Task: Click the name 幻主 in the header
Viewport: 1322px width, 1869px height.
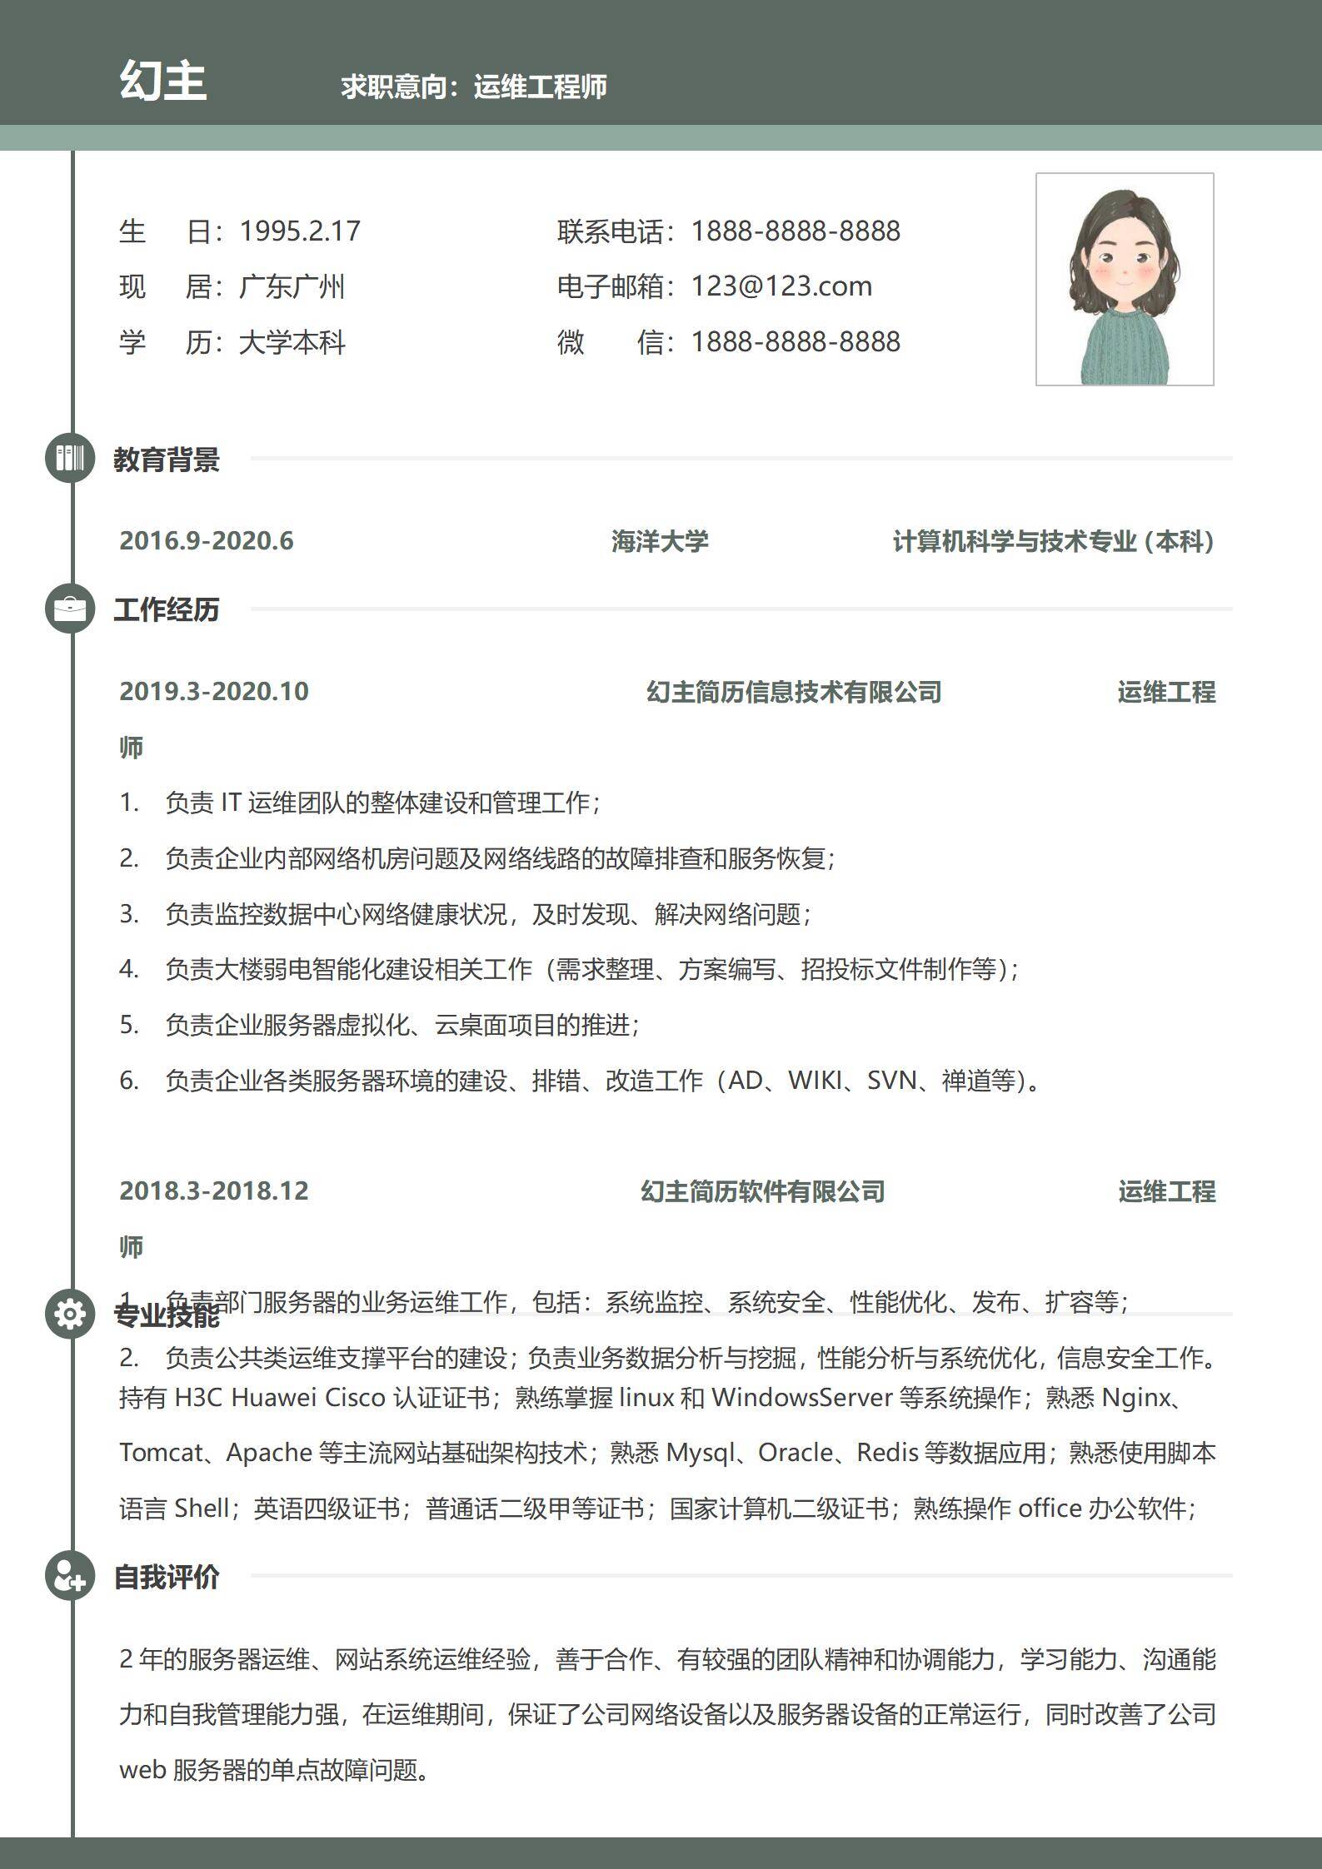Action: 163,81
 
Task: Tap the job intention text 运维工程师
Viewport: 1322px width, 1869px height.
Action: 540,87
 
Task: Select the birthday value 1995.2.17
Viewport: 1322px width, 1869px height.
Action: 300,231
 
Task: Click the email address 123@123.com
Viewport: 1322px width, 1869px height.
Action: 781,286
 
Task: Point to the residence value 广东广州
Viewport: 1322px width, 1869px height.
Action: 292,286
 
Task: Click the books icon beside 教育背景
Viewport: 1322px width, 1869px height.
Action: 70,458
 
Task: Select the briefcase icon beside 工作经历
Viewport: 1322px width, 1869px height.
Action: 70,609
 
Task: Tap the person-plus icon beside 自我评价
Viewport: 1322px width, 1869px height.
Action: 70,1575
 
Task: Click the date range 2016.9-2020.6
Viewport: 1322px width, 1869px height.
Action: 207,541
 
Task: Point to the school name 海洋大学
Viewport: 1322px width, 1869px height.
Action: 660,541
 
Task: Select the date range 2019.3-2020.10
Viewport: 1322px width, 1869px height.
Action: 214,692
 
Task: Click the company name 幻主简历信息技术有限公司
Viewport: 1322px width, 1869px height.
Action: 794,692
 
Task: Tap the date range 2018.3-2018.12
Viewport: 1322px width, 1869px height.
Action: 214,1191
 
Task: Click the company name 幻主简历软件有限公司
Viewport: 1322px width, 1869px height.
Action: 762,1191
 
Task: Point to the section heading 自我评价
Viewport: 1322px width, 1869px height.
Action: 167,1577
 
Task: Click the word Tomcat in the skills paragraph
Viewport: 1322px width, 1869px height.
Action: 161,1453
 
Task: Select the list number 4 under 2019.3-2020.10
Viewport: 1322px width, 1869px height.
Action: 128,969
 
